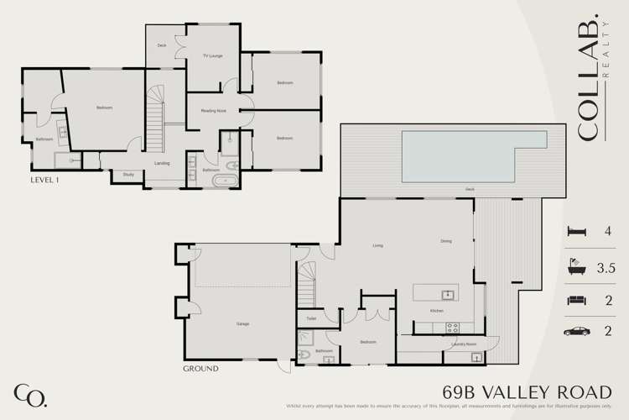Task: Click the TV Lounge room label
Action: (x=211, y=56)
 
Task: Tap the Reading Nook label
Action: (x=213, y=111)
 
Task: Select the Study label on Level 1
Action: (x=128, y=175)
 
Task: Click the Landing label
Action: (x=162, y=163)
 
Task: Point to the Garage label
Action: (x=243, y=323)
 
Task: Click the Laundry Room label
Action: (x=464, y=344)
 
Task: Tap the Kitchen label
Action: (x=437, y=312)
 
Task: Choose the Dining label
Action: (x=446, y=242)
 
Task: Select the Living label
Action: (x=378, y=245)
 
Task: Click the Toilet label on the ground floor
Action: (x=311, y=318)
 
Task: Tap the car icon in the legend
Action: (x=577, y=332)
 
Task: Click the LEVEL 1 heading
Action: (x=45, y=180)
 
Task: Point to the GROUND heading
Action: (x=200, y=369)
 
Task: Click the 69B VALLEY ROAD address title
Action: (x=526, y=392)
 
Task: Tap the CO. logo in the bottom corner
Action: (x=30, y=393)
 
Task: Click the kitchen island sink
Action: (x=448, y=294)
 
